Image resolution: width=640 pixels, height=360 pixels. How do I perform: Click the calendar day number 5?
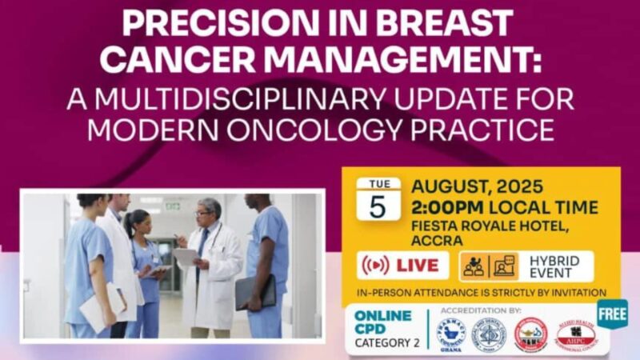click(378, 206)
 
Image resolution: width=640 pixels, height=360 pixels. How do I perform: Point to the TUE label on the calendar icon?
click(378, 184)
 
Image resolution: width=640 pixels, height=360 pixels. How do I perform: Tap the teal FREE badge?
click(612, 314)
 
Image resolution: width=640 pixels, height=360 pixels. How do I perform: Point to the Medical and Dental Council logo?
click(489, 334)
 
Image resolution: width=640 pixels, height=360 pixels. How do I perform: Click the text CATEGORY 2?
click(388, 343)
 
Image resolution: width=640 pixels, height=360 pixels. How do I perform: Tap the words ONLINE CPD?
click(383, 322)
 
